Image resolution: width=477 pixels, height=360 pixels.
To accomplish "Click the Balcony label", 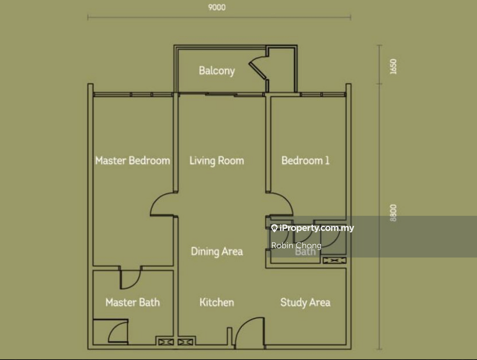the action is pos(217,71).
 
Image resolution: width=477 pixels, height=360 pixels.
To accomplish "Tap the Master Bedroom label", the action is pos(132,161).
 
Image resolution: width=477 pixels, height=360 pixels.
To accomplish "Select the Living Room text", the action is pos(217,161).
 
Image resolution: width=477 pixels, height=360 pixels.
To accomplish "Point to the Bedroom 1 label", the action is pos(305,161).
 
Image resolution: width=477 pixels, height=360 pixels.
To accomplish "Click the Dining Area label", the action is pos(217,252).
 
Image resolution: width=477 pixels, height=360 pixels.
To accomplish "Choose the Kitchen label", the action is pos(217,302).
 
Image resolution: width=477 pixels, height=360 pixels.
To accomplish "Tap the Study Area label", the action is pos(305,303).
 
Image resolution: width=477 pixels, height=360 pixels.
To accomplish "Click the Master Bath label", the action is pos(132,302).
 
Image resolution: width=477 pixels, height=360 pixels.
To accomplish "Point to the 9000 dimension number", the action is pos(217,7).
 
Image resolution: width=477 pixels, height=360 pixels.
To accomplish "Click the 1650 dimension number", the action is pos(393,67).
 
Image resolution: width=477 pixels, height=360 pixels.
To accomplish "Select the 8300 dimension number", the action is pos(393,213).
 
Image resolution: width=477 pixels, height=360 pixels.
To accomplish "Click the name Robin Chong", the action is pos(296,245).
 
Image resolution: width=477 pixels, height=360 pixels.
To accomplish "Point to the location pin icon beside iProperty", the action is pos(275,228).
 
